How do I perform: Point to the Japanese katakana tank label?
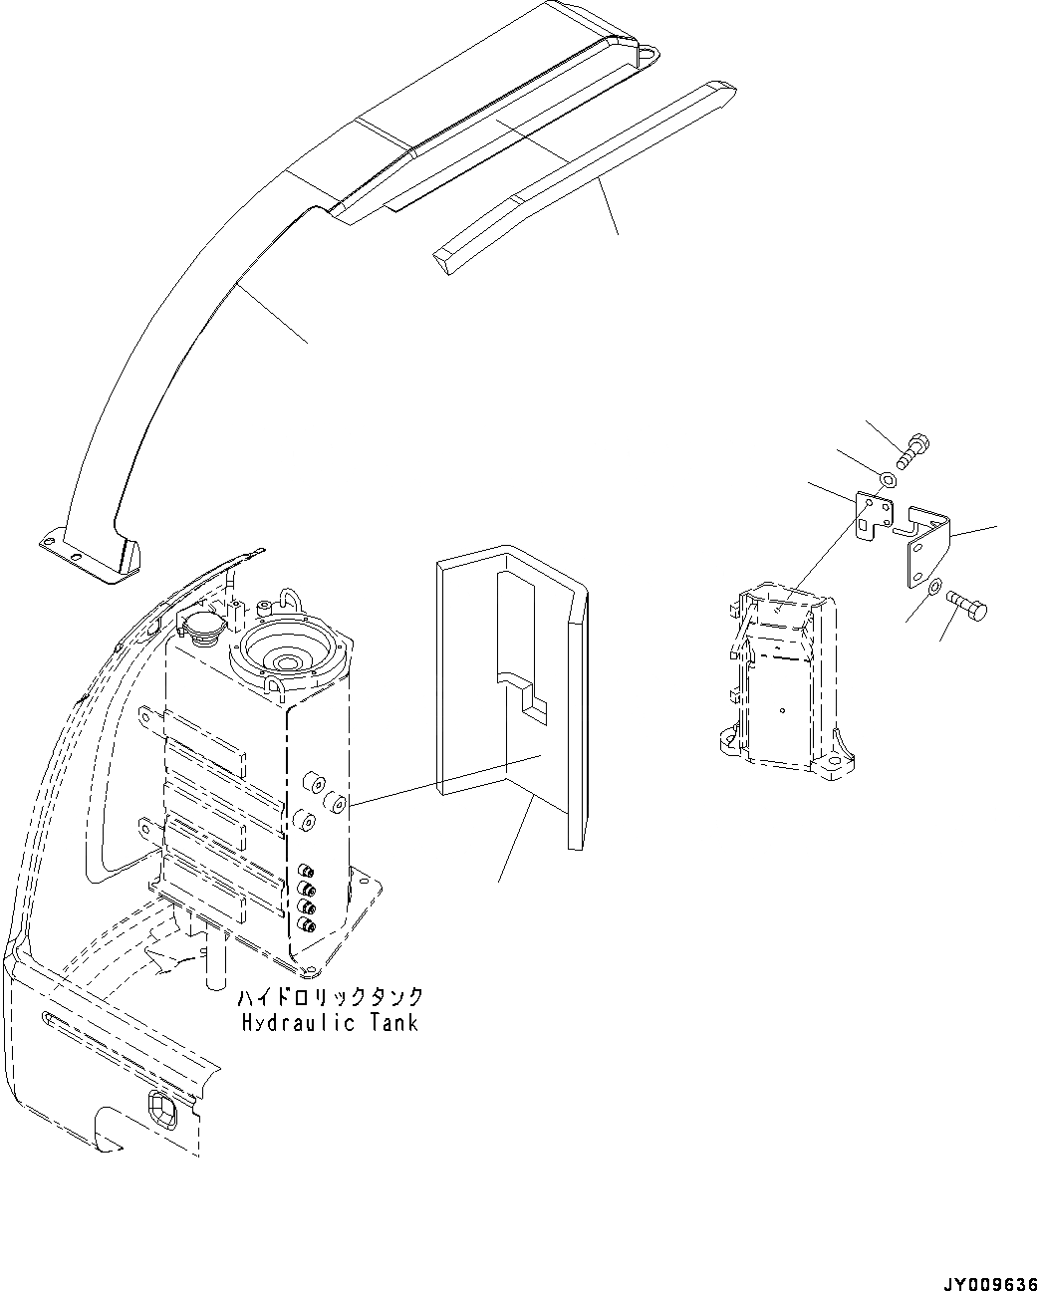tap(331, 997)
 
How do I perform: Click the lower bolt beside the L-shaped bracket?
tap(967, 603)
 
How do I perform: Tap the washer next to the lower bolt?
tap(933, 590)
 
